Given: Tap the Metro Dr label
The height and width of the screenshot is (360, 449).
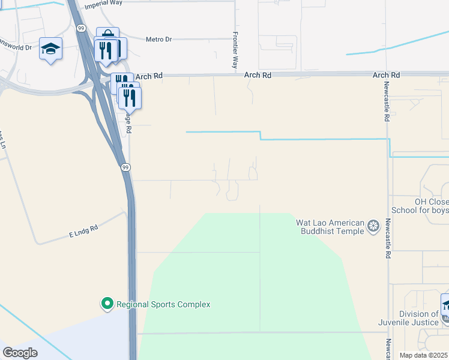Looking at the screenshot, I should click(x=158, y=40).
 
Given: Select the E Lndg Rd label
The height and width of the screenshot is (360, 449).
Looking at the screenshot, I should click(x=82, y=229).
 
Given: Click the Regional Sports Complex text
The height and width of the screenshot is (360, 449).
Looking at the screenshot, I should click(x=163, y=304).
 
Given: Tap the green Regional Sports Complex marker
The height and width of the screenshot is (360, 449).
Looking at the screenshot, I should click(x=107, y=304).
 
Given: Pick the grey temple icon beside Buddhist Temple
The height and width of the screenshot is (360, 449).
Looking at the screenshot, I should click(x=374, y=226).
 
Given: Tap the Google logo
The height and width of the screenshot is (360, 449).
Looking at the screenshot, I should click(x=20, y=352).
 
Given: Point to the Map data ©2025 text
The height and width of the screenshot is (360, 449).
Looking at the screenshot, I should click(x=424, y=355).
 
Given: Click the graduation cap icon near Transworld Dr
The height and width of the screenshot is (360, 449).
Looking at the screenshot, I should click(x=50, y=48).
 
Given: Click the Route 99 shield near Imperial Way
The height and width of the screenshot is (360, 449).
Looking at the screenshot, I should click(x=80, y=28).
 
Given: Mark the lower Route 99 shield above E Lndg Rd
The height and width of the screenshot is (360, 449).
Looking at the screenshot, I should click(x=124, y=167).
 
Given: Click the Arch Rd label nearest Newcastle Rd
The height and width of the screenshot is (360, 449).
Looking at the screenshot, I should click(x=386, y=75).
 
